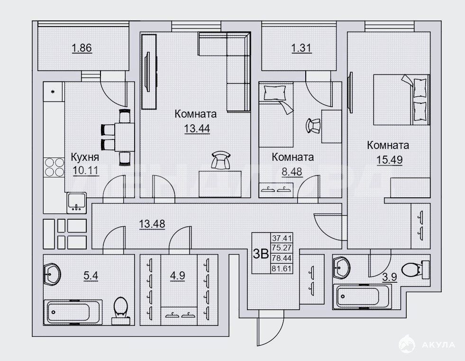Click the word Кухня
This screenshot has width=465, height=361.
85,157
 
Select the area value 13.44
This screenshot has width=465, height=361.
197,129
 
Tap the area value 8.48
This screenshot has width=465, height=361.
292,172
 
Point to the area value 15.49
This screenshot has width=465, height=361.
389,160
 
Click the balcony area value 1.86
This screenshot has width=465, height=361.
82,48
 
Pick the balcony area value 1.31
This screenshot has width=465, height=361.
301,48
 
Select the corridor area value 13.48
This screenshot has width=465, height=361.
152,223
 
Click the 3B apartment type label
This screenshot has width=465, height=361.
261,254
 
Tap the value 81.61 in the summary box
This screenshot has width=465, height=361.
282,268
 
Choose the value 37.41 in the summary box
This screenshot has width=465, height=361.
282,238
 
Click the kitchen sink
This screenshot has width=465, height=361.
76,203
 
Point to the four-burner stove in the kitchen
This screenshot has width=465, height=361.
54,167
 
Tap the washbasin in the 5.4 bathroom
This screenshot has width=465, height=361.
52,275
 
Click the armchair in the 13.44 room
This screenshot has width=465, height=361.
221,160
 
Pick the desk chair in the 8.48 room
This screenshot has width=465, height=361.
313,126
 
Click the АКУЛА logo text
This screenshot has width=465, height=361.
438,345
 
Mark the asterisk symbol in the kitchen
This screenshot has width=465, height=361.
53,92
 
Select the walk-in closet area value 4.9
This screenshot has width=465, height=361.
178,276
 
